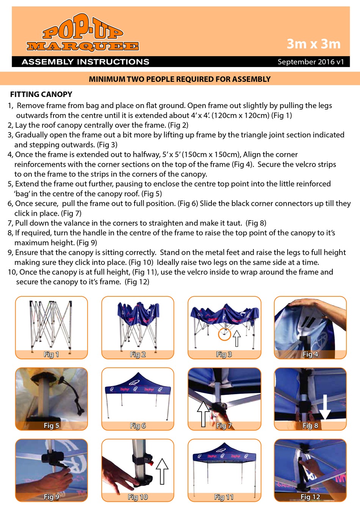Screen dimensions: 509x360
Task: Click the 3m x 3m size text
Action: click(313, 44)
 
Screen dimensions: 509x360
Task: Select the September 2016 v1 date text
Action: click(311, 62)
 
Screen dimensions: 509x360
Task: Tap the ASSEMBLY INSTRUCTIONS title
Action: click(85, 62)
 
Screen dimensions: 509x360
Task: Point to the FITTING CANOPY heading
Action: click(41, 94)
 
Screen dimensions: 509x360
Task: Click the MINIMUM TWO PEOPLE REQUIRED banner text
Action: click(180, 79)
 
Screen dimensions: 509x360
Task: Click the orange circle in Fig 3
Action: click(224, 334)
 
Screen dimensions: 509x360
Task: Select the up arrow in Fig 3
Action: click(237, 338)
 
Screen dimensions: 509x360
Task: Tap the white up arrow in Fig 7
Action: click(203, 413)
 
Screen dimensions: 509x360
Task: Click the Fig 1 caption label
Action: click(51, 354)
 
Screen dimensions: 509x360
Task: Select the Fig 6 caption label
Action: click(138, 426)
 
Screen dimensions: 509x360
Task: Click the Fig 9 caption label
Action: click(51, 497)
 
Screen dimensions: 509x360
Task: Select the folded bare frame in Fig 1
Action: click(51, 324)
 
